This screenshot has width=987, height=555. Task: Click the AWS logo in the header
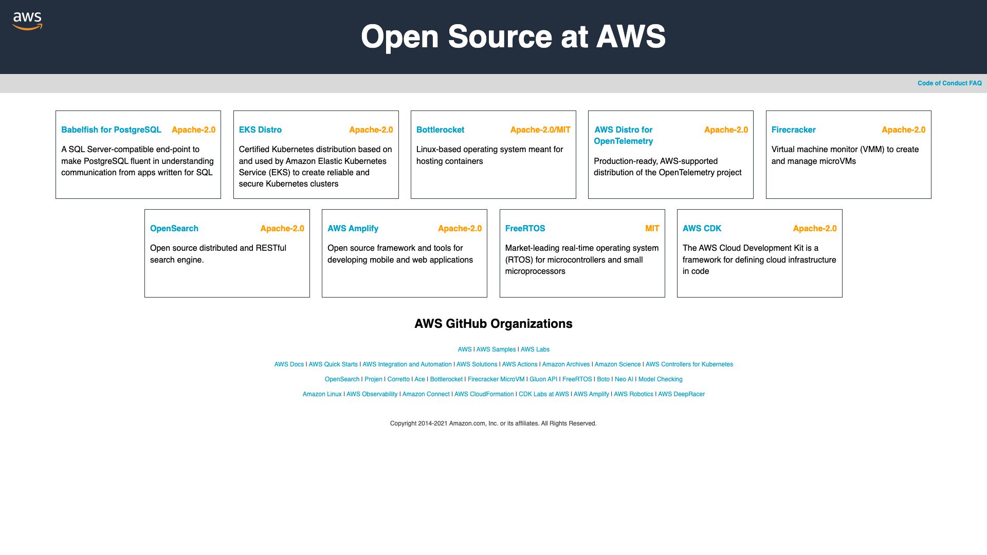click(x=27, y=21)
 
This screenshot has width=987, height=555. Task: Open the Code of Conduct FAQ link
click(x=949, y=83)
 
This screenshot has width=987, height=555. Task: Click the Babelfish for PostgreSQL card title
click(x=111, y=130)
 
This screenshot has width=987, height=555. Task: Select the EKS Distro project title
click(x=260, y=130)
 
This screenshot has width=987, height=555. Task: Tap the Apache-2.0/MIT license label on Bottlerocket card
click(x=540, y=130)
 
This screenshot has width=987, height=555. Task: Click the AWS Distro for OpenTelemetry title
click(x=623, y=136)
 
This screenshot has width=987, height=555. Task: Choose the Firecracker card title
click(x=793, y=130)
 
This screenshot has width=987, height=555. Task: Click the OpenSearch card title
click(x=174, y=229)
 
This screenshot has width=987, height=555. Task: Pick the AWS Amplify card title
click(x=353, y=229)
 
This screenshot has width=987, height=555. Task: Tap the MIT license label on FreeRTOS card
click(x=652, y=229)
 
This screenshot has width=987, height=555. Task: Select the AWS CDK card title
click(x=702, y=229)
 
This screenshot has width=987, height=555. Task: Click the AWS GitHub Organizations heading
click(x=493, y=324)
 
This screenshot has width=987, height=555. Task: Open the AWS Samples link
click(x=496, y=349)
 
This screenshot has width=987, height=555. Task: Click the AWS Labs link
click(x=535, y=349)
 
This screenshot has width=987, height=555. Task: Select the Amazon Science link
click(x=617, y=364)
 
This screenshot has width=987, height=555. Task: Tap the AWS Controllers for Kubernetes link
click(x=689, y=364)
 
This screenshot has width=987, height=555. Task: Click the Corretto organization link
click(x=398, y=379)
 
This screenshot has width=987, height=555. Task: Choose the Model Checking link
click(x=660, y=379)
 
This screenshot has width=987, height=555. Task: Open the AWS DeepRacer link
click(x=681, y=394)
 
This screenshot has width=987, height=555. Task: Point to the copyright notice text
click(x=493, y=423)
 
